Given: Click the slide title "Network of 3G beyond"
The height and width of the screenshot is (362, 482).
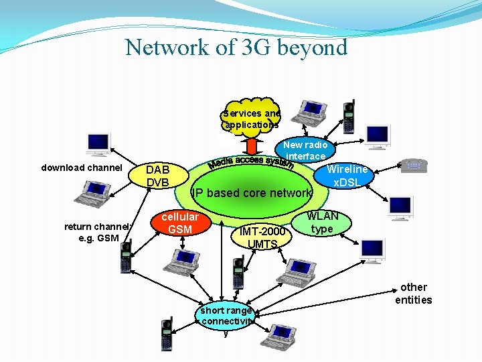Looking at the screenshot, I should [x=236, y=48].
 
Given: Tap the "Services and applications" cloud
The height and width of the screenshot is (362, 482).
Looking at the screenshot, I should [x=252, y=119].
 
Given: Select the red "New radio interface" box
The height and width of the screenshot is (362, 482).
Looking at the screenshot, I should [x=305, y=151].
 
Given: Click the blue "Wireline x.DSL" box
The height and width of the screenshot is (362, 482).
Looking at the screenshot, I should [x=347, y=176].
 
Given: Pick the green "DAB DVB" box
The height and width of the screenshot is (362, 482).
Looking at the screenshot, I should [x=158, y=176].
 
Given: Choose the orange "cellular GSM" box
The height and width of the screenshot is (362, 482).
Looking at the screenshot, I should [x=180, y=223].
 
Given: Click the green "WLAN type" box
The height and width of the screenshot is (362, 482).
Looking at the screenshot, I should [x=322, y=223].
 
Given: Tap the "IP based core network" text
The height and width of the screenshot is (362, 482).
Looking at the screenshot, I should [x=252, y=193].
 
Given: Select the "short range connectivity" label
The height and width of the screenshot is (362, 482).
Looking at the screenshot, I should [x=226, y=316].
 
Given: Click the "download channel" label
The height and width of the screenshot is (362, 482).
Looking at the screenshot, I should [x=82, y=168].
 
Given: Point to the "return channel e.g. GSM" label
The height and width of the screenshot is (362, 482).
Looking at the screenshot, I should [x=92, y=232].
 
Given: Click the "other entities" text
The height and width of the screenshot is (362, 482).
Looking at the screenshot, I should [x=413, y=294].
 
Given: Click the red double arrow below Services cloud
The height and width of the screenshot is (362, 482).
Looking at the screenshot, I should [x=252, y=145].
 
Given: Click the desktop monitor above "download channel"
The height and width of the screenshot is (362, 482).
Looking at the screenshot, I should [x=98, y=144].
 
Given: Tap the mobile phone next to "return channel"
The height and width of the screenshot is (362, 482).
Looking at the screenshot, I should [x=125, y=257].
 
